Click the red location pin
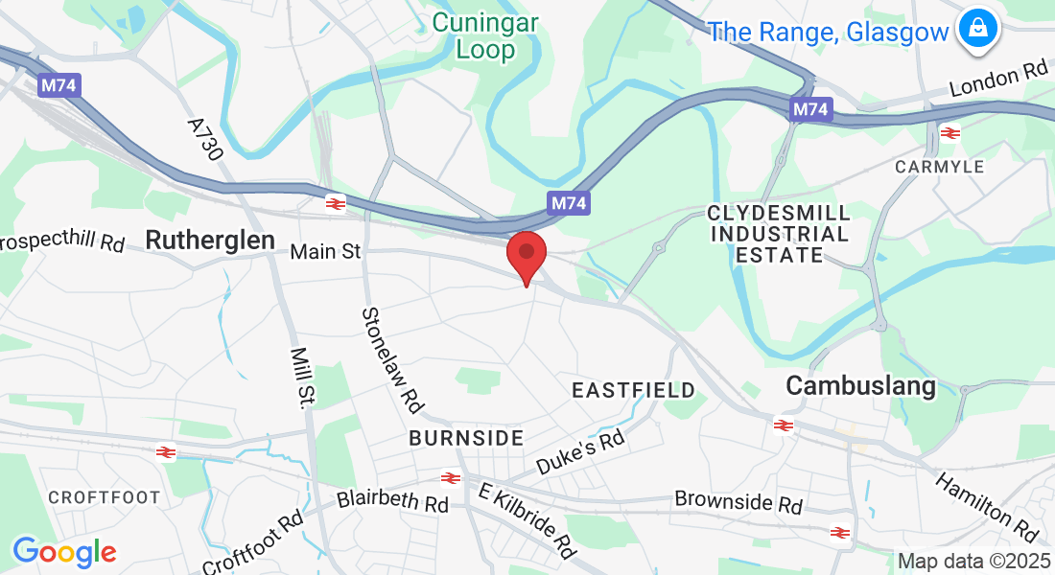(x=527, y=254)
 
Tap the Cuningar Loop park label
(x=484, y=34)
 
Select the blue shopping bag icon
(x=976, y=29)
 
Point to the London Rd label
(x=998, y=79)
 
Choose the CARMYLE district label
(x=939, y=167)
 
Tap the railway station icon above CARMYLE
(x=950, y=133)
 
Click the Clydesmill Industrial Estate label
(x=779, y=233)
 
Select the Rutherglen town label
(x=210, y=240)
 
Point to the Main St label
(x=325, y=251)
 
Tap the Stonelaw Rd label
(x=392, y=359)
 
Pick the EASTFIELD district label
(x=633, y=390)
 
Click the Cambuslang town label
(x=860, y=385)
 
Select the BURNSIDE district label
(x=466, y=438)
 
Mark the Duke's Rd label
(x=580, y=452)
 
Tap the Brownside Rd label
(x=738, y=501)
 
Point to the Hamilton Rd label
(x=987, y=507)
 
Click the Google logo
(x=64, y=552)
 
